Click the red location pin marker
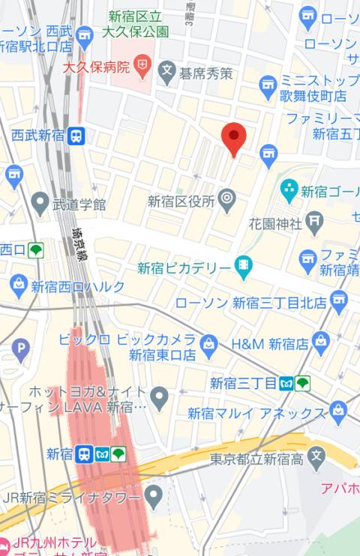pos(234,138)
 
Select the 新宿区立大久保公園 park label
pos(138,24)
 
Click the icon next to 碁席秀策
pos(166,73)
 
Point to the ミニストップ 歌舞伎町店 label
pos(313,88)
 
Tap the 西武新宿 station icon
pos(76,136)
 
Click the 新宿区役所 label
pos(181,201)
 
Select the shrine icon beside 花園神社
pos(314,222)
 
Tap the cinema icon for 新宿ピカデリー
pos(243,265)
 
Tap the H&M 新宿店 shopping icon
pos(321,343)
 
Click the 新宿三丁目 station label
pos(243,384)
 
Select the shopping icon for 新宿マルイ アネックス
pos(338,411)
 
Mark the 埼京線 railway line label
pos(77,243)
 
